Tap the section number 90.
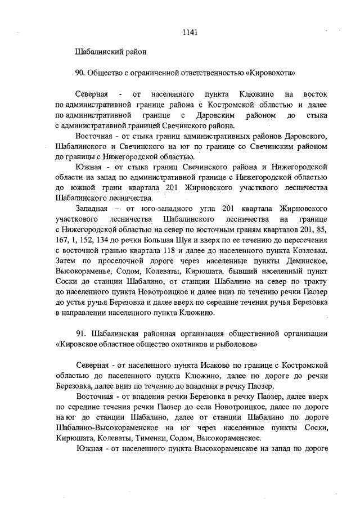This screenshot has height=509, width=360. (80, 73)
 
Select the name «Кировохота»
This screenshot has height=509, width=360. (270, 73)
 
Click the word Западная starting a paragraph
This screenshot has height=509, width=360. (92, 208)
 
